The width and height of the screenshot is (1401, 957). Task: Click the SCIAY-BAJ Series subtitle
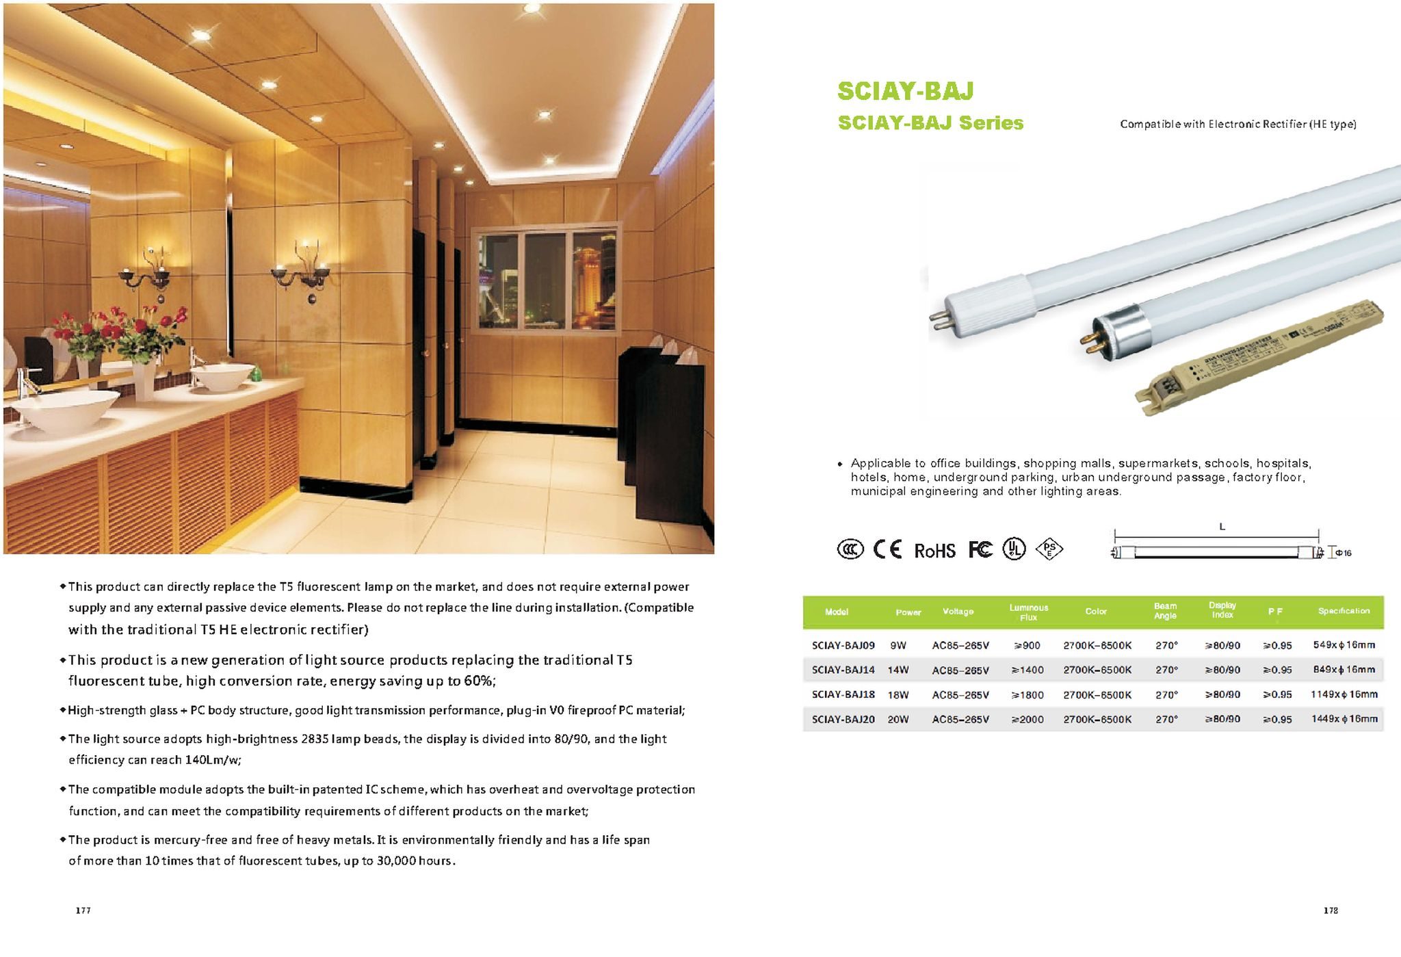tap(930, 123)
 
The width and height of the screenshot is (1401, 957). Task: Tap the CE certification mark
tap(887, 549)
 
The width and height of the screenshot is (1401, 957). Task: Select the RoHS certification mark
tap(934, 551)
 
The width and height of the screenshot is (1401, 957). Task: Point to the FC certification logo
tap(980, 549)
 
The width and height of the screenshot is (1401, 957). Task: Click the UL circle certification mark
tap(1014, 549)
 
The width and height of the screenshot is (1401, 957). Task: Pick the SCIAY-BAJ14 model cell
tap(843, 670)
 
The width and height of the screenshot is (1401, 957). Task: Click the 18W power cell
tap(898, 695)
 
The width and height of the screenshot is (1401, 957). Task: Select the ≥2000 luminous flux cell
tap(1027, 720)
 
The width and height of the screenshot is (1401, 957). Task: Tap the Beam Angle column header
tap(1165, 611)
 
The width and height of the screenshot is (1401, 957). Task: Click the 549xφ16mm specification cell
tap(1344, 644)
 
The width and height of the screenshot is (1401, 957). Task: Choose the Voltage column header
tap(958, 611)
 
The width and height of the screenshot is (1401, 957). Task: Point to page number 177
tap(83, 910)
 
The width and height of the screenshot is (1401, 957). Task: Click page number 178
tap(1331, 910)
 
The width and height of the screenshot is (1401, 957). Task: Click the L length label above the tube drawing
tap(1222, 527)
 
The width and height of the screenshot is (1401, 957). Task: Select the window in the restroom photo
tap(545, 279)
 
